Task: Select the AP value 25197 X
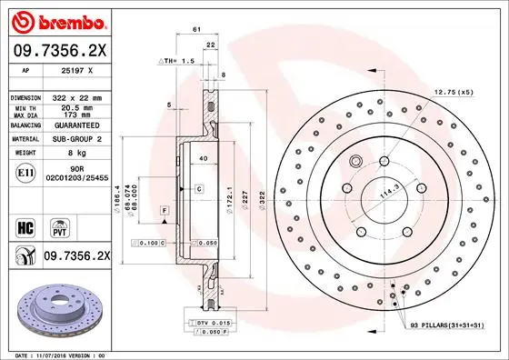76,69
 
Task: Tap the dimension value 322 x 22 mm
76,95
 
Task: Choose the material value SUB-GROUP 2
77,139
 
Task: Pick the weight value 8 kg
76,154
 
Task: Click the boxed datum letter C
197,188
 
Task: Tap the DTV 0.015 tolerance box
201,323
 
